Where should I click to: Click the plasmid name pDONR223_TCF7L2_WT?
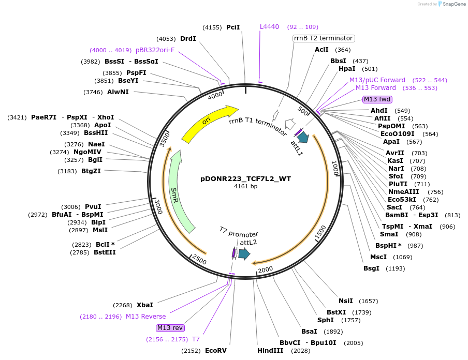tap(245, 179)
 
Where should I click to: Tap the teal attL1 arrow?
tap(303, 137)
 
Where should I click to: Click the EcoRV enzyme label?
tap(216, 351)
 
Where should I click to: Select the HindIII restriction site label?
tap(270, 351)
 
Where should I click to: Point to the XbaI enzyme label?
tap(145, 305)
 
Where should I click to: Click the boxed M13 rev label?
tap(170, 328)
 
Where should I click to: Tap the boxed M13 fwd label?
tap(377, 99)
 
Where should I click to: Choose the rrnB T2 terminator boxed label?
tap(324, 38)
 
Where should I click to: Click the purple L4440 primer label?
tap(269, 27)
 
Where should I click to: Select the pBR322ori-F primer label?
tap(155, 50)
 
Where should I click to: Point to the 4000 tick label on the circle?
tap(215, 96)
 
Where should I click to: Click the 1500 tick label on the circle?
tap(321, 233)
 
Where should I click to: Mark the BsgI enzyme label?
tap(371, 268)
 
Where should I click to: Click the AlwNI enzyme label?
tap(118, 92)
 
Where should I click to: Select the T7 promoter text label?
tap(238, 234)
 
